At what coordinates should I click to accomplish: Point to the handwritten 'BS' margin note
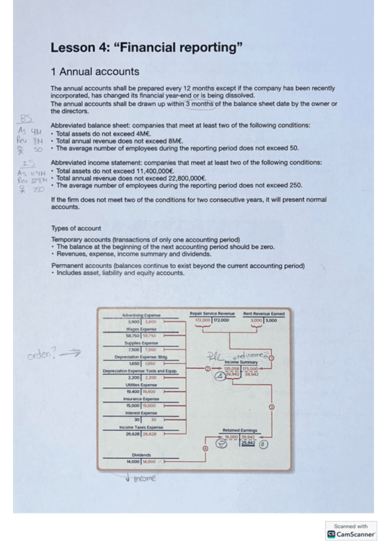pyautogui.click(x=26, y=119)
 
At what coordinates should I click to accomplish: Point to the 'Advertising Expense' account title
pyautogui.click(x=141, y=315)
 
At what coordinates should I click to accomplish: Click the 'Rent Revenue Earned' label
pyautogui.click(x=264, y=314)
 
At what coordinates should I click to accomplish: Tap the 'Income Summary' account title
pyautogui.click(x=240, y=363)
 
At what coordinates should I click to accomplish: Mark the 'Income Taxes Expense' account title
pyautogui.click(x=141, y=428)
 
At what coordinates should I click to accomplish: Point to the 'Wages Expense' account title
pyautogui.click(x=141, y=329)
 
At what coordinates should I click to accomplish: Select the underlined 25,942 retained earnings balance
pyautogui.click(x=248, y=443)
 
